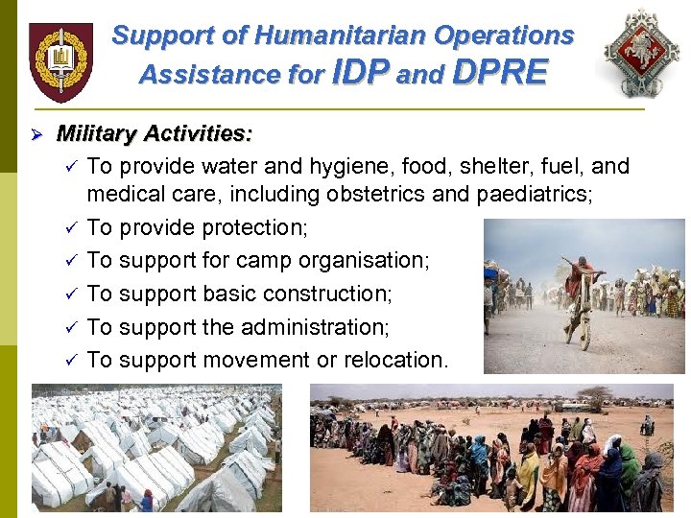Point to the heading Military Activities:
pos(155,133)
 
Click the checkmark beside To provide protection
pos(70,228)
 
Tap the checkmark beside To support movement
pos(70,361)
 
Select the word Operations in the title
pos(504,36)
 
